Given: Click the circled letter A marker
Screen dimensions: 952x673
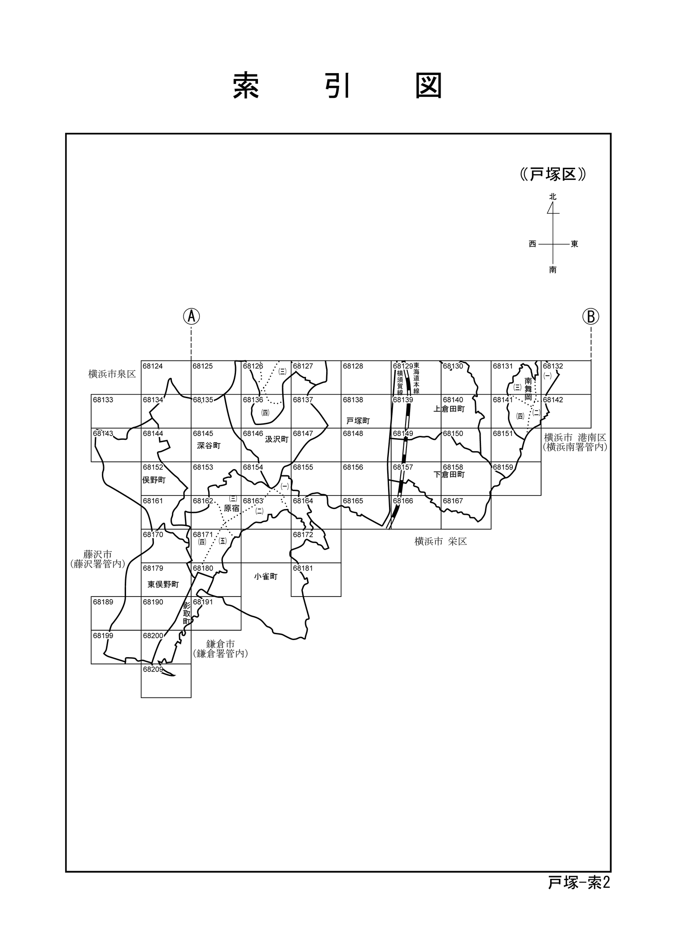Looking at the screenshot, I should tap(191, 316).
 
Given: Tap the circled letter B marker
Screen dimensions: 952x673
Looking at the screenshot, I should tap(590, 316).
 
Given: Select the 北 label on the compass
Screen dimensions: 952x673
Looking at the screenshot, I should tap(553, 197).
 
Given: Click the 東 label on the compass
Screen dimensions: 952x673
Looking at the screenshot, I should tap(574, 244).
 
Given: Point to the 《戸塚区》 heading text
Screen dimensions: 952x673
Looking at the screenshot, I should tap(553, 175).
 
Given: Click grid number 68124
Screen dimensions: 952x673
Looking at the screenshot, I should tap(153, 366).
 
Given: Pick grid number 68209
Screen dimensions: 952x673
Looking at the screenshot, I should tap(153, 669).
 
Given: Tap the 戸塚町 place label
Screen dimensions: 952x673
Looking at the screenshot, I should tap(358, 421).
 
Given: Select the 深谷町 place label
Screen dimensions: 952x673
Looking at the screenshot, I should tap(209, 446).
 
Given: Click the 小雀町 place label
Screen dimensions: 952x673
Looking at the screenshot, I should tap(266, 576).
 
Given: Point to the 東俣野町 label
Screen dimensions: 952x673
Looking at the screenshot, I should tap(163, 584).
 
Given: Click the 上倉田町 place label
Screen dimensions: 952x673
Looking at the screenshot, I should tap(449, 409).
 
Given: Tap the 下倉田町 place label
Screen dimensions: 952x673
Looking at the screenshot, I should tap(449, 474).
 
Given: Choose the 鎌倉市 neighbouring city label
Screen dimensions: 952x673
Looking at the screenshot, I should tap(220, 645).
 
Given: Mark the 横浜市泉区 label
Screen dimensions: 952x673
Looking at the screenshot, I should tap(112, 374).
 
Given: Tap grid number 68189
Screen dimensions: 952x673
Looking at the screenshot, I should tap(103, 602).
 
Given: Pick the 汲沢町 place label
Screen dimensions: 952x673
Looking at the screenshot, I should tap(276, 439).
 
